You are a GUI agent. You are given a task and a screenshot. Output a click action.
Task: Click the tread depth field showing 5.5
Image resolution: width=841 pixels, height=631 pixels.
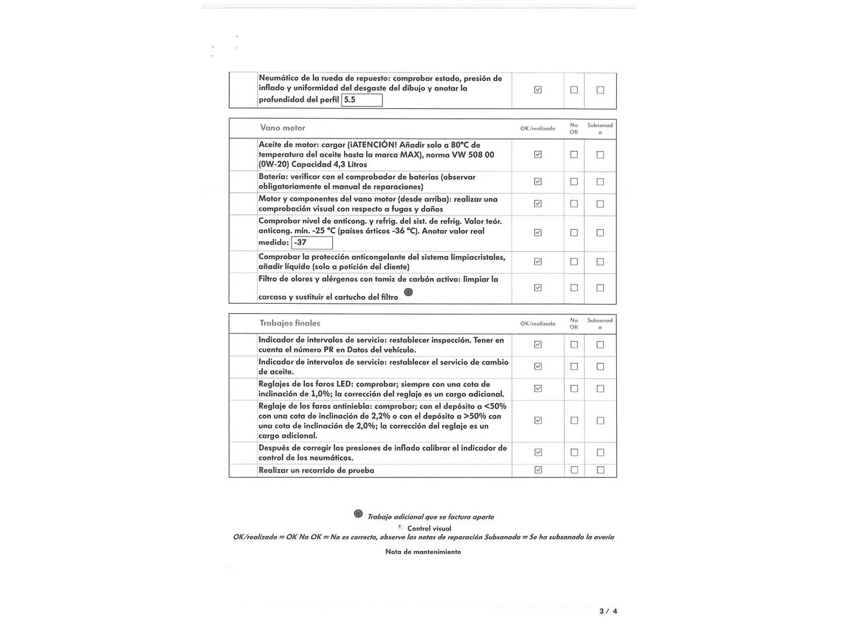tap(362, 100)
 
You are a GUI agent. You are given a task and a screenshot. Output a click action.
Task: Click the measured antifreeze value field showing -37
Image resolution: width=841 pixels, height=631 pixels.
tap(312, 242)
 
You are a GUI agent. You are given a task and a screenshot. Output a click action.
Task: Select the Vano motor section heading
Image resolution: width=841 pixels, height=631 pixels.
tap(283, 128)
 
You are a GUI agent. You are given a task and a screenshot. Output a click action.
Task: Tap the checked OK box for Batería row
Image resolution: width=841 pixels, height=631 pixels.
tap(538, 182)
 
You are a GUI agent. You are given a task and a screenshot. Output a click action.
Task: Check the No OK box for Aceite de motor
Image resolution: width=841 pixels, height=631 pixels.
tap(574, 155)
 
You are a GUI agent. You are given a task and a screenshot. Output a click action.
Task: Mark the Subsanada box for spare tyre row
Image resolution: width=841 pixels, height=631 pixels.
tap(600, 90)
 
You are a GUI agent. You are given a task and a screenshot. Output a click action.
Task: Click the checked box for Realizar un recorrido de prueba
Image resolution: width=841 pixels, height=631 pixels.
tap(538, 470)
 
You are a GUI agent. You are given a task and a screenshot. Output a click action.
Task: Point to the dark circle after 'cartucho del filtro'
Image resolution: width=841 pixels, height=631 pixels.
tap(408, 292)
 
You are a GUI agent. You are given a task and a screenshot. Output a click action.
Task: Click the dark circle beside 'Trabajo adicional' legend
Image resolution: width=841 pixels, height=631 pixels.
tap(358, 514)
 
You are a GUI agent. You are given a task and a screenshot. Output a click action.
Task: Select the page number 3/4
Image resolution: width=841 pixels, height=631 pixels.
tap(608, 611)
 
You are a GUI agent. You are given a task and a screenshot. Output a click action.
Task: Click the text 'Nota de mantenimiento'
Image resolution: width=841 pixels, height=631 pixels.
tap(423, 552)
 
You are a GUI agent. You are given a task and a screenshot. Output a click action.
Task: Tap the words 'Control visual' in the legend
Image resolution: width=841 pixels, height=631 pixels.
tap(429, 528)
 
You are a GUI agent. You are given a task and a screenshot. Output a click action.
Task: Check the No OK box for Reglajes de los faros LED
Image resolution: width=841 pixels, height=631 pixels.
tap(574, 389)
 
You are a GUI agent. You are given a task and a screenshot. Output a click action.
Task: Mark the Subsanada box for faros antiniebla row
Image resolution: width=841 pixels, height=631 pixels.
tap(600, 421)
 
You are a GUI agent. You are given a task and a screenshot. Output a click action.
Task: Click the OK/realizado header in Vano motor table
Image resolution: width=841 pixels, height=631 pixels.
tap(538, 129)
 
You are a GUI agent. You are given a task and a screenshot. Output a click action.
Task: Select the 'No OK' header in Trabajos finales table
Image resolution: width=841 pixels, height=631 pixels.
tap(574, 324)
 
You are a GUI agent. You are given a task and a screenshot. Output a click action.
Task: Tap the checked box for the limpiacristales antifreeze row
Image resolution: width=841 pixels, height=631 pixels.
tap(538, 262)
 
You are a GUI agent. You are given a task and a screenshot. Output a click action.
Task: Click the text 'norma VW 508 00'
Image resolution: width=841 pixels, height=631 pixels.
tap(464, 155)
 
